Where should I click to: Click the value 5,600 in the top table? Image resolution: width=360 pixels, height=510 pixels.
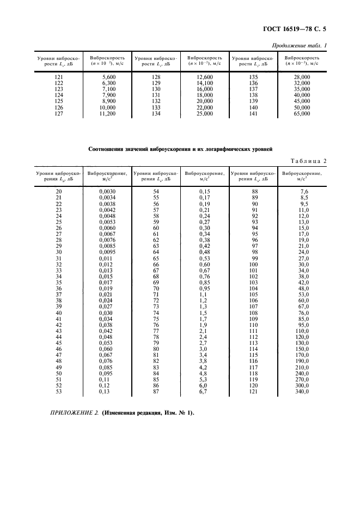point(109,77)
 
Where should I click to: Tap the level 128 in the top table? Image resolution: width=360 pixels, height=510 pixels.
point(156,77)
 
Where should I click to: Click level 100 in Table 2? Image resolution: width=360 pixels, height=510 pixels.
point(252,264)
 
